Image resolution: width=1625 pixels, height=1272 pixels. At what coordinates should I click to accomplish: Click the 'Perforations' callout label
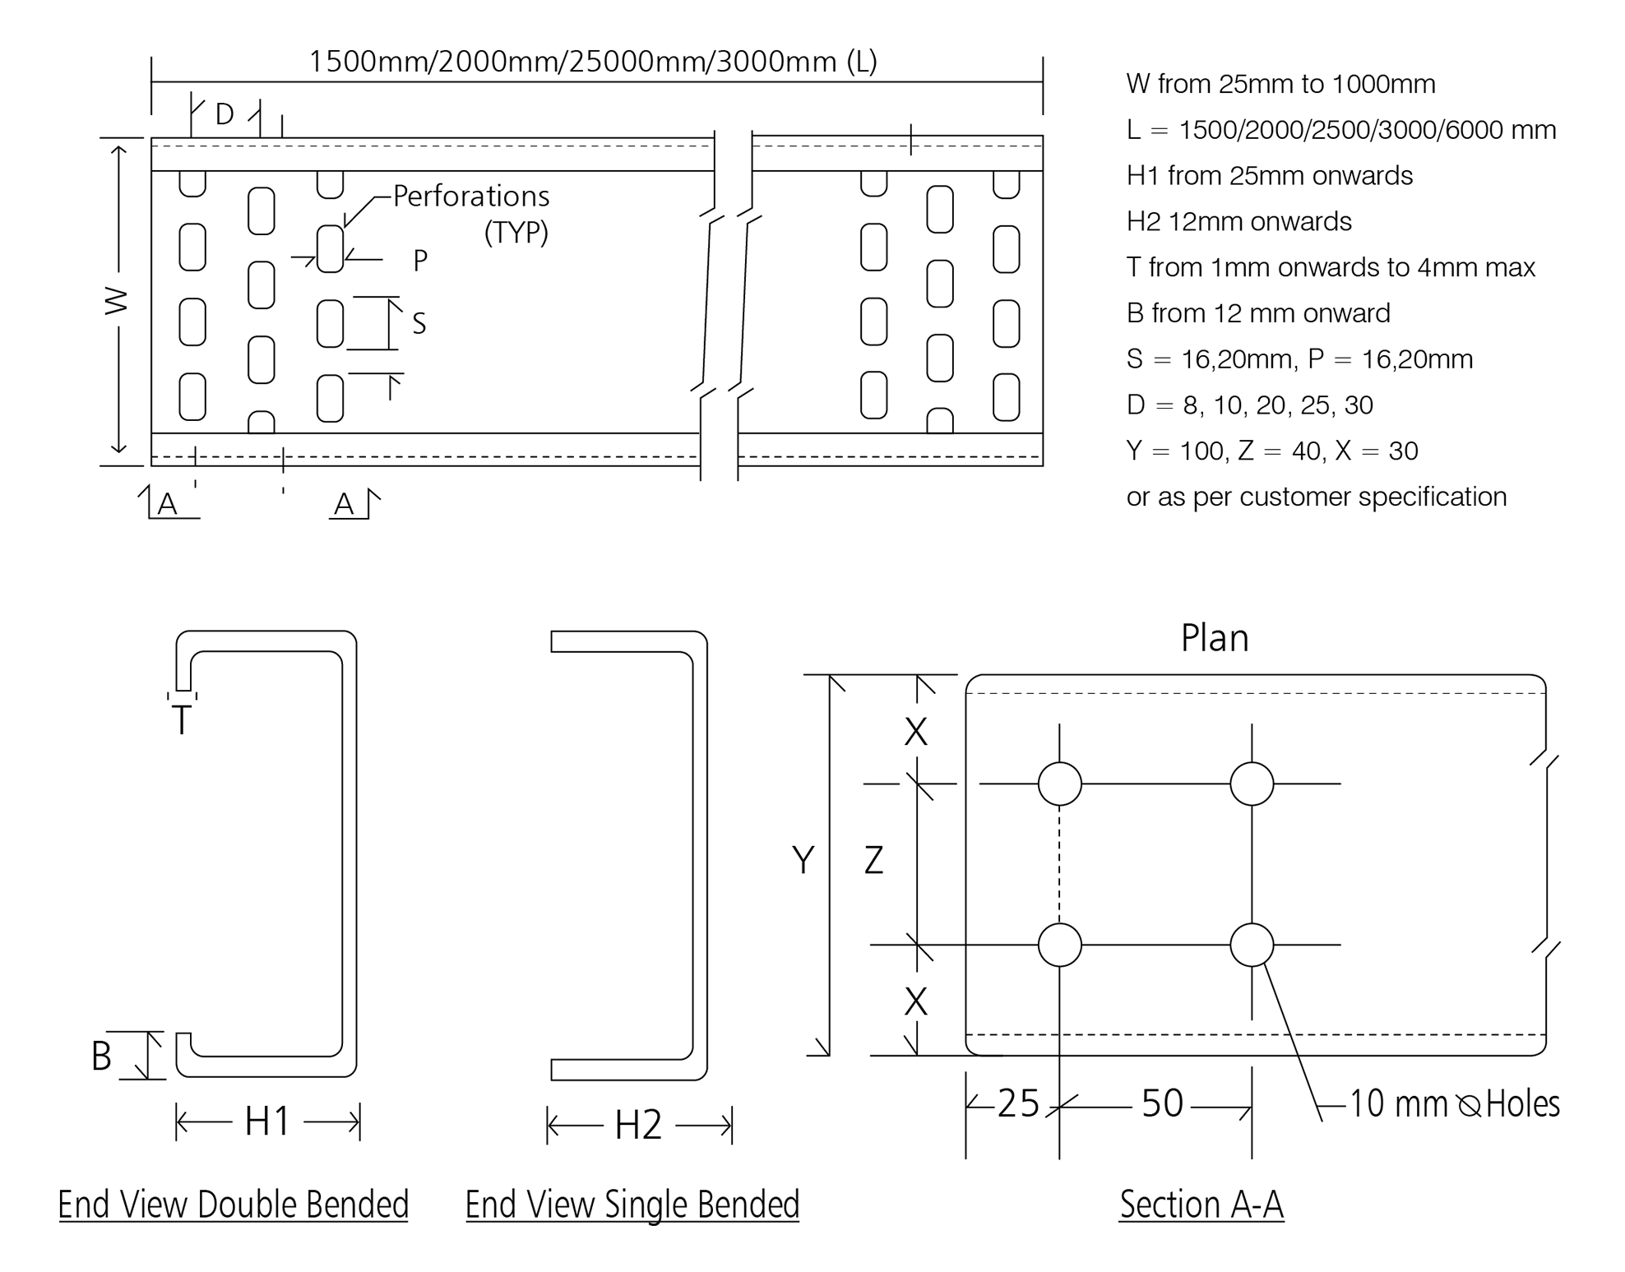470,197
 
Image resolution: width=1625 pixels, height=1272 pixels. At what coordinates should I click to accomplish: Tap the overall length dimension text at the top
592,62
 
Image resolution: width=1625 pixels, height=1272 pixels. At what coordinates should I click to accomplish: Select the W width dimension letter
117,301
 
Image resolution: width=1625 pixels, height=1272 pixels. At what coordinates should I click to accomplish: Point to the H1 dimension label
267,1122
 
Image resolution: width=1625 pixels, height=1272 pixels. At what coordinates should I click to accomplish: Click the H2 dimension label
638,1125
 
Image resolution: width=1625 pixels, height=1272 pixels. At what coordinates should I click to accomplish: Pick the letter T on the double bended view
181,721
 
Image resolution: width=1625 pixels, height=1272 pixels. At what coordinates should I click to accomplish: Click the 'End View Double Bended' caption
233,1205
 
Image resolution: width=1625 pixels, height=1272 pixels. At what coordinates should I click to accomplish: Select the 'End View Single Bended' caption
632,1205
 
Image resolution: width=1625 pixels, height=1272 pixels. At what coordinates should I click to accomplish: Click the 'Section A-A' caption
1201,1205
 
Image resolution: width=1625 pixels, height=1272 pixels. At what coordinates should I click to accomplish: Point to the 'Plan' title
1215,638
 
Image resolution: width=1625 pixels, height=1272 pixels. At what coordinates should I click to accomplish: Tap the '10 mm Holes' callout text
1454,1103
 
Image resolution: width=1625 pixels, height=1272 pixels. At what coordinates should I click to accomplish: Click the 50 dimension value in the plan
1162,1103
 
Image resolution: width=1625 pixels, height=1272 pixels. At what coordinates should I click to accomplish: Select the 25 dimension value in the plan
1018,1103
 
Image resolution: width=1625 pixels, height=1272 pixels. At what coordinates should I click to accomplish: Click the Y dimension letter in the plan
803,860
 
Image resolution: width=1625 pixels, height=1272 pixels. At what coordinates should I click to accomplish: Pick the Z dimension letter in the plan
873,860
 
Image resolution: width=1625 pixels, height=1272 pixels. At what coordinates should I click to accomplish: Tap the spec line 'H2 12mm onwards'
1238,221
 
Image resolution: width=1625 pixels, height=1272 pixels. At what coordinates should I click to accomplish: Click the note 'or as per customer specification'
1316,497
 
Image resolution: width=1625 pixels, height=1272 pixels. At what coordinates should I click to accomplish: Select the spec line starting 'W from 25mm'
1280,84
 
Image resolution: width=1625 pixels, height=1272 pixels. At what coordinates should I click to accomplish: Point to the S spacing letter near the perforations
419,324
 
